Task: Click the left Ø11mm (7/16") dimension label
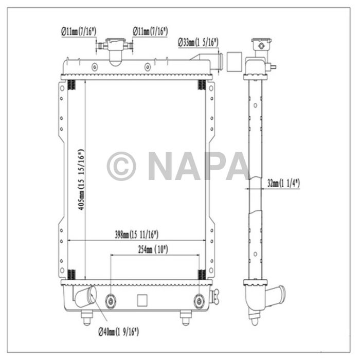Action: [78, 31]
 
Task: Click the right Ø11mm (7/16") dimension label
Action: [151, 31]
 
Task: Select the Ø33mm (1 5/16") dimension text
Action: [199, 42]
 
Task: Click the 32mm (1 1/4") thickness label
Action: [283, 183]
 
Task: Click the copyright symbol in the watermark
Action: [121, 167]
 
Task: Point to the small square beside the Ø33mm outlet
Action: [235, 62]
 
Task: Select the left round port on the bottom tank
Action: [111, 301]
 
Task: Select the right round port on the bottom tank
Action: [200, 301]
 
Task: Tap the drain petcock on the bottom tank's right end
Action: [214, 297]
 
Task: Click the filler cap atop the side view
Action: [261, 45]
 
